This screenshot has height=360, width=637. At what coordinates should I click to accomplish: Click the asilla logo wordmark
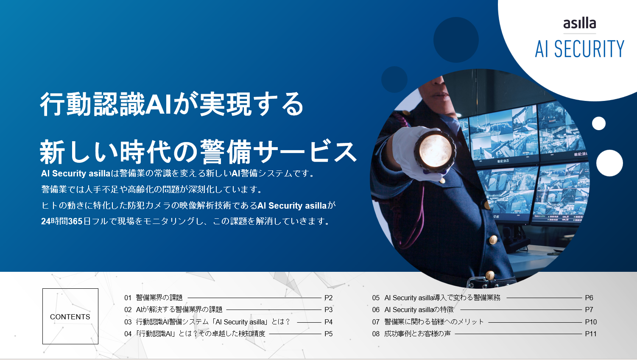point(579,23)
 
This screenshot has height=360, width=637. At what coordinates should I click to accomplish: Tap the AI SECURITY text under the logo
point(579,49)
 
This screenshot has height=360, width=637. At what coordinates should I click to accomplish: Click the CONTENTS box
point(70,316)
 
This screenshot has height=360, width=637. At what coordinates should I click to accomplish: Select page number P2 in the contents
point(328,298)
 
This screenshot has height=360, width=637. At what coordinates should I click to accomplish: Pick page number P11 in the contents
point(590,334)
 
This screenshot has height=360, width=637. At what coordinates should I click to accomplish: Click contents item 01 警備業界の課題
point(154,298)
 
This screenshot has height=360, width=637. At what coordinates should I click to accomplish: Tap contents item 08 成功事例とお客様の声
point(412,334)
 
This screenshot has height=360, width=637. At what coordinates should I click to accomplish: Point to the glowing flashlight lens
point(435,149)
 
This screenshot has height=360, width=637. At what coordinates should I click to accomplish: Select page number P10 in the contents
point(590,322)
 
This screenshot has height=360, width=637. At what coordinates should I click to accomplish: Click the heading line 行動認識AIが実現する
point(172,104)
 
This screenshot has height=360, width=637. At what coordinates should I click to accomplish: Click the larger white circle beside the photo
point(609,163)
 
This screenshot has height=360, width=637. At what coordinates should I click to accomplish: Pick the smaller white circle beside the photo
point(598,123)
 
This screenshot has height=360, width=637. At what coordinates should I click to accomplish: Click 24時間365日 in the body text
point(62,221)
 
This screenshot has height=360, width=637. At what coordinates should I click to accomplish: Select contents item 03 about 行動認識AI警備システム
point(207,322)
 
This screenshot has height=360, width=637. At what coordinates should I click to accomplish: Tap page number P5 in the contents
point(328,334)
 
